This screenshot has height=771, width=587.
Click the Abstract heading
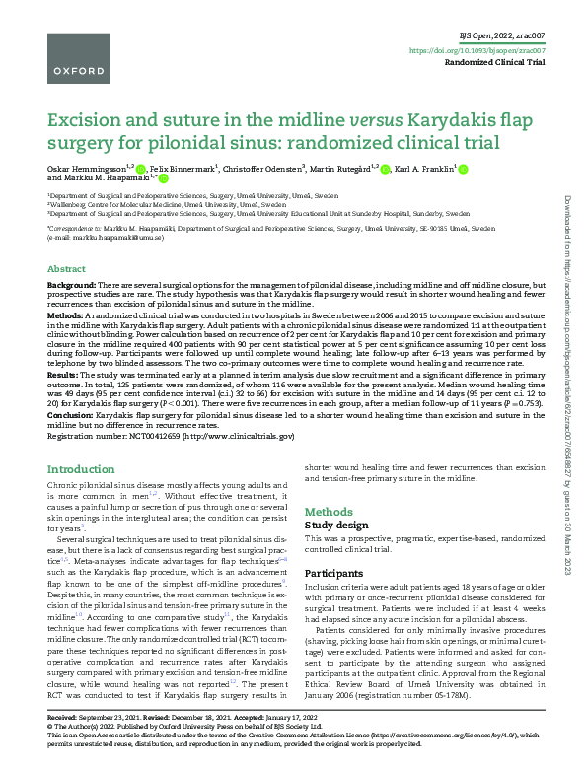(66, 268)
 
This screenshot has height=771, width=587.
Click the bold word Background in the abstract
(72, 284)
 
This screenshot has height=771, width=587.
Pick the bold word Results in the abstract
(64, 376)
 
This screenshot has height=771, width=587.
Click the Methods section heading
(329, 512)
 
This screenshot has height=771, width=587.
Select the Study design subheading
(334, 526)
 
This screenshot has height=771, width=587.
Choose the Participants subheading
(334, 572)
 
